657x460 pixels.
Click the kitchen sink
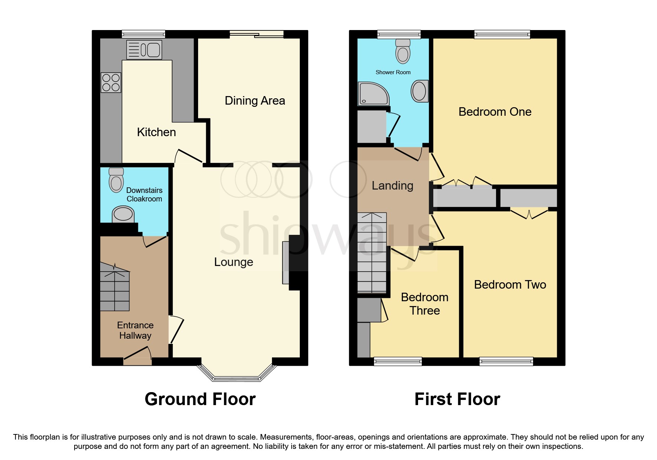pos(144,50)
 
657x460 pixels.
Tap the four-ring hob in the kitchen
pos(111,82)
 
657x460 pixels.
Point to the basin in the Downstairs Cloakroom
pos(123,214)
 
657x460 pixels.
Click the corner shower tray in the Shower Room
pos(373,93)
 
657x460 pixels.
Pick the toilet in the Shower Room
pos(403,52)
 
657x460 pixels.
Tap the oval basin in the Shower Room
pos(419,91)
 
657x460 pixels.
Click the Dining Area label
pos(255,101)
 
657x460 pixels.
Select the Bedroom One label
pos(495,112)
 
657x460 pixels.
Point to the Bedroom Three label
pos(424,304)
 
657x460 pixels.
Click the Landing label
pos(392,185)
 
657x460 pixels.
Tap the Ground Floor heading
pos(200,399)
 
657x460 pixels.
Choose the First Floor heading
pos(457,399)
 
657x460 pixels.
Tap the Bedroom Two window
pos(506,361)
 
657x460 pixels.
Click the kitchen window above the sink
pos(144,34)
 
